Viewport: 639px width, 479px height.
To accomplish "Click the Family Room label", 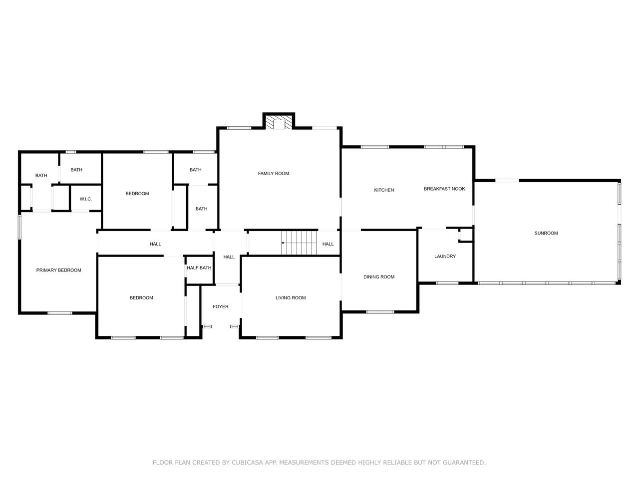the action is pos(274,173).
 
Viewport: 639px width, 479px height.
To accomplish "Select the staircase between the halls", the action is pos(299,242).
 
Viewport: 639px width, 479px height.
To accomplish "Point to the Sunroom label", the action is pos(546,233).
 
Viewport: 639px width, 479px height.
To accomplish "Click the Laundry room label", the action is pos(445,256).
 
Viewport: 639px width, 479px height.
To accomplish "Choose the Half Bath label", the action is pos(199,267).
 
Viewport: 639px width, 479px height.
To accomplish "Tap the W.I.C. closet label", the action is pos(85,199).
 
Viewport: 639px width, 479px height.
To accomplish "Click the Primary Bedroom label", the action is pos(58,270).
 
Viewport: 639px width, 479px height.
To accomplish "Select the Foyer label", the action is pos(220,306).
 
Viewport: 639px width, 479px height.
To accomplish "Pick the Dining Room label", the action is pos(379,277).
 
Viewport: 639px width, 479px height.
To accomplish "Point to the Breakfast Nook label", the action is pos(444,189).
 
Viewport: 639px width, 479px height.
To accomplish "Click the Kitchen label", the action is pos(384,190).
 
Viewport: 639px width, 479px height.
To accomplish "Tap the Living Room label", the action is pos(291,298).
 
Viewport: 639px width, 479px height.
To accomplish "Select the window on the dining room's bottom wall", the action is pos(380,312).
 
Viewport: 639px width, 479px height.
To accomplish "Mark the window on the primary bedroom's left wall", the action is pos(20,227).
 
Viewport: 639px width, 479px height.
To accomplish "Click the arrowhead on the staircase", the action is pos(283,242).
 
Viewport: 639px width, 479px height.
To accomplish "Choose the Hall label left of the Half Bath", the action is pos(155,244).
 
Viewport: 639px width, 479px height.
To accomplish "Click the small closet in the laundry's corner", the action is pos(465,235).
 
